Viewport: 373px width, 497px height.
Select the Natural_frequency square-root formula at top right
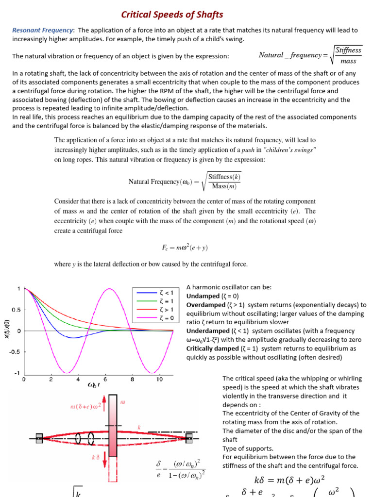tap(310, 55)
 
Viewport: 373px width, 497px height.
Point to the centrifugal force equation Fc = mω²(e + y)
tap(185, 247)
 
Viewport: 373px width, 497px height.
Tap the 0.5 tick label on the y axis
tap(16, 310)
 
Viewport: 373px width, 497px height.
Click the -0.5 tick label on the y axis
tap(15, 351)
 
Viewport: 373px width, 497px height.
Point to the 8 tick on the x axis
tap(132, 380)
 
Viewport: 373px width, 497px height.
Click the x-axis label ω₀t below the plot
tap(94, 385)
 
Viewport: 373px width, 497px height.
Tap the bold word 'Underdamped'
tap(207, 331)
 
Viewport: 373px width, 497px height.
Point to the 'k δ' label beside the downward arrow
tap(95, 457)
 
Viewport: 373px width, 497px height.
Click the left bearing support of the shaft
tap(39, 438)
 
